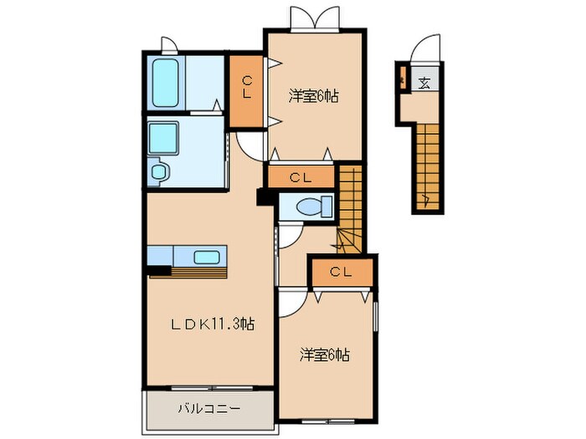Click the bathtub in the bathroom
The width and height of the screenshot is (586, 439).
pyautogui.click(x=166, y=82)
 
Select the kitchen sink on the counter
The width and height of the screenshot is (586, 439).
pyautogui.click(x=206, y=257)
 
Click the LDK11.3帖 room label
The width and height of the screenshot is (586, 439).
pyautogui.click(x=213, y=324)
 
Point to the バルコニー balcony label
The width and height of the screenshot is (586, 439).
pyautogui.click(x=209, y=409)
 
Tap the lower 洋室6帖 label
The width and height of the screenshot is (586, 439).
pyautogui.click(x=326, y=355)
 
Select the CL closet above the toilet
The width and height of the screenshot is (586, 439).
pyautogui.click(x=301, y=177)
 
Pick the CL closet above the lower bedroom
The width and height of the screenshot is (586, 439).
pyautogui.click(x=340, y=271)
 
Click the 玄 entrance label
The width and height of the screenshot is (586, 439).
pyautogui.click(x=424, y=82)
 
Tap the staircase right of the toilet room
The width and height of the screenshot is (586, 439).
pyautogui.click(x=349, y=205)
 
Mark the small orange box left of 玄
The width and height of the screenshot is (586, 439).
pyautogui.click(x=401, y=81)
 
